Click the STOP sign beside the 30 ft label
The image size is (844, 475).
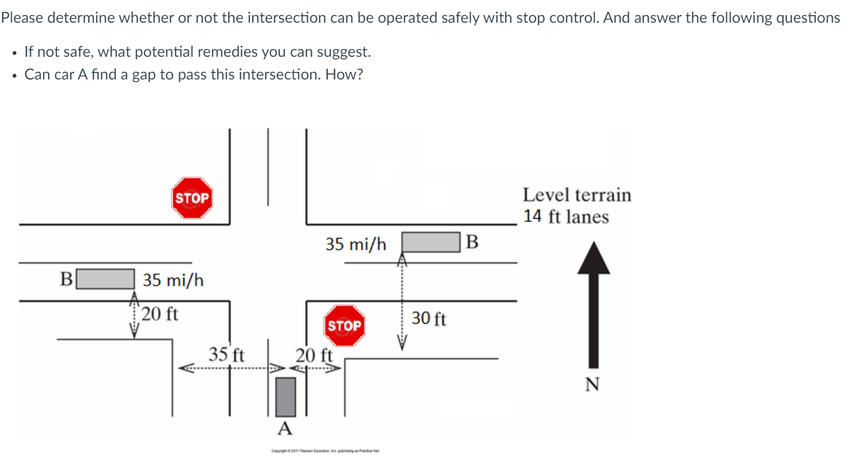coord(344,325)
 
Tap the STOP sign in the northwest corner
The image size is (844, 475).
coord(192,198)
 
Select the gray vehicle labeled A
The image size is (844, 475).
coord(286,397)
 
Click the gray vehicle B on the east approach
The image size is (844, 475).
coord(430,242)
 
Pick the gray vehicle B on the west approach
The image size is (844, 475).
coord(105,279)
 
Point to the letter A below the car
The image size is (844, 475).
coord(285,430)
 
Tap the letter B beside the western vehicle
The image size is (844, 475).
coord(66,279)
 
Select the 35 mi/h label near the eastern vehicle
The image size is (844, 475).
coord(356,244)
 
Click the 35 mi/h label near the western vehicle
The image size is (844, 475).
coord(173,280)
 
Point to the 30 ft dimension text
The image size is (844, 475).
coord(429,319)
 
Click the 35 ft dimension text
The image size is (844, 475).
coord(226,354)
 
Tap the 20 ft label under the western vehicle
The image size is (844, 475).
coord(160,314)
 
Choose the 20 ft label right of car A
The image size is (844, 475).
coord(314,355)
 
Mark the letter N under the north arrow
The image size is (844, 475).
coord(593,384)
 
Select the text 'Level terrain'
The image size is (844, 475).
coord(577,195)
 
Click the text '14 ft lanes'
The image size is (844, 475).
coord(566,216)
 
